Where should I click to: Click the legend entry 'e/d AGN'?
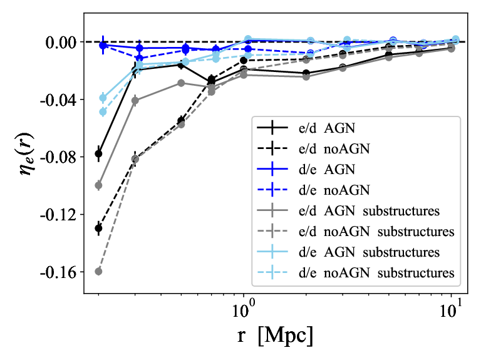(x=327, y=128)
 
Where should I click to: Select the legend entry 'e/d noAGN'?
(x=334, y=148)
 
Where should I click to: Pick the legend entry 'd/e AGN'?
(x=327, y=169)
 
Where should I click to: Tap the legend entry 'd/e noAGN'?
(x=334, y=190)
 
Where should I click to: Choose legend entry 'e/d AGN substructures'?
(x=369, y=211)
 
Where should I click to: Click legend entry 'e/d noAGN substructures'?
(x=376, y=232)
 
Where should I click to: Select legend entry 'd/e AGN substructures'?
(x=369, y=252)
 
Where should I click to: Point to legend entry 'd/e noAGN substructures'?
(x=376, y=273)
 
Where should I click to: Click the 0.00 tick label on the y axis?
(x=61, y=43)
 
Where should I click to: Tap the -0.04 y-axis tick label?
(x=58, y=100)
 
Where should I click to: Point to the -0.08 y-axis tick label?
(x=58, y=157)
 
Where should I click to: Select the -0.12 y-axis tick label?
(x=58, y=215)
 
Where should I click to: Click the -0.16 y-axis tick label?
(x=58, y=272)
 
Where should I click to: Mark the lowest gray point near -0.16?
(x=98, y=271)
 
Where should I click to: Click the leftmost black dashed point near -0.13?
(x=98, y=228)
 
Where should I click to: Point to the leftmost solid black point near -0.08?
(x=98, y=153)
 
